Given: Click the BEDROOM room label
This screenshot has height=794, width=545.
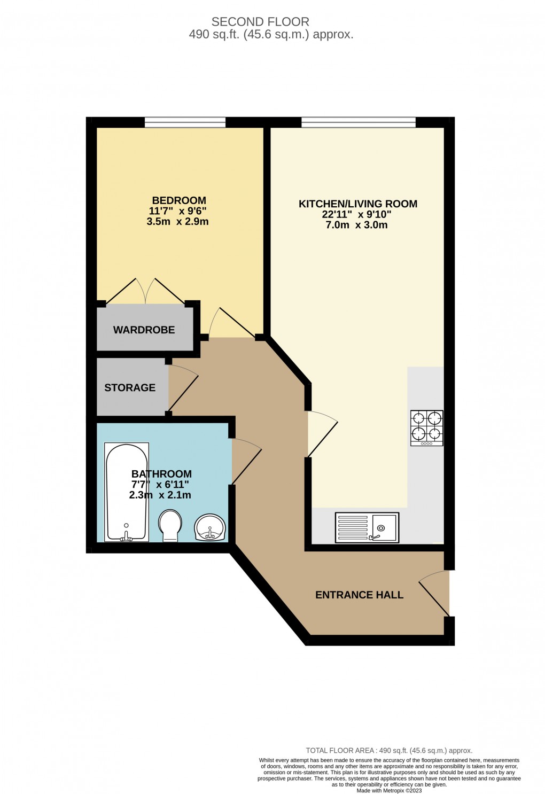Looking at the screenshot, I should (x=179, y=200).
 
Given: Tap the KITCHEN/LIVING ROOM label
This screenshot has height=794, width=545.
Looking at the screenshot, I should (x=357, y=204).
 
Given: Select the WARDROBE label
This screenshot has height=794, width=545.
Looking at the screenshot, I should (x=144, y=330).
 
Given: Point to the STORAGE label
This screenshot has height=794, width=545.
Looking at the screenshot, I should (x=130, y=387).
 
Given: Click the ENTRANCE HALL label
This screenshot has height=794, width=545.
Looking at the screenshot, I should (x=359, y=595).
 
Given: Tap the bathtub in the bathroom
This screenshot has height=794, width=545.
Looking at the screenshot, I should (x=126, y=492).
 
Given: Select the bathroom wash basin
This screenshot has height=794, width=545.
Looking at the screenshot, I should (x=211, y=527).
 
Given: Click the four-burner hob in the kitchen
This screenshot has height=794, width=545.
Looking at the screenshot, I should (x=426, y=427).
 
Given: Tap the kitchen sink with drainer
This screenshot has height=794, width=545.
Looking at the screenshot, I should (x=367, y=527).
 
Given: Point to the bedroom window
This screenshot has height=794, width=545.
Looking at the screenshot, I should (x=185, y=122).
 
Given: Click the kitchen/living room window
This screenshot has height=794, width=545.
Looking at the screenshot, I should (x=358, y=122).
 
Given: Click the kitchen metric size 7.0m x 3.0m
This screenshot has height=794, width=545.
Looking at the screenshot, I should (x=356, y=225).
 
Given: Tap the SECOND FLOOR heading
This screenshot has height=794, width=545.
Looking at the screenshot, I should (x=260, y=22).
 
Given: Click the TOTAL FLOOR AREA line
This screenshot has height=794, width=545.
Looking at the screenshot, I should (x=389, y=750).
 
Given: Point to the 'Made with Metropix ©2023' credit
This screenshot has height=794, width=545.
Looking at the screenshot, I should (x=389, y=791).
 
